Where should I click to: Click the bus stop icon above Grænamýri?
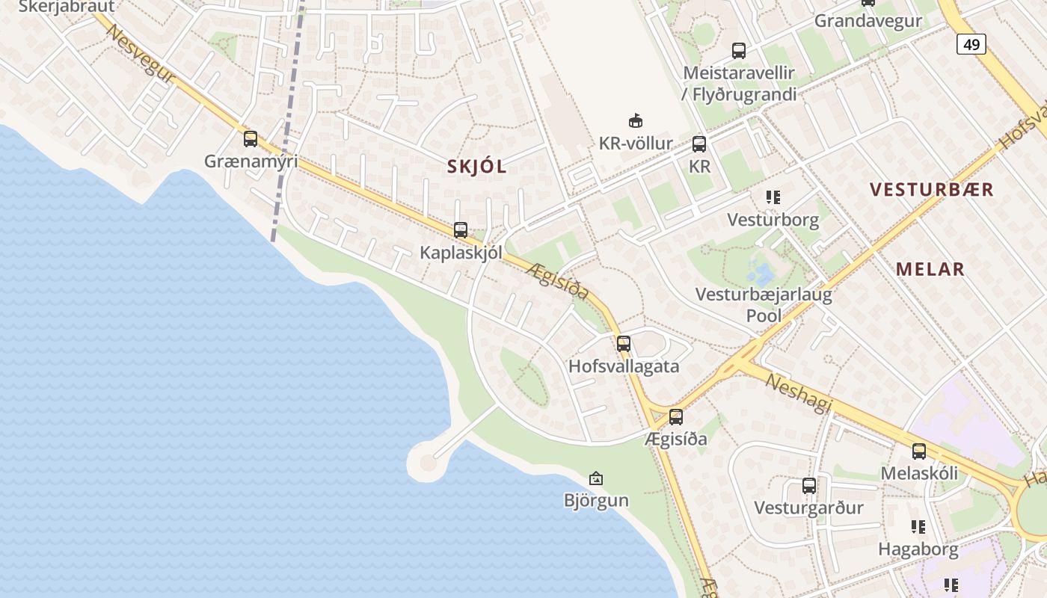pyautogui.click(x=251, y=139)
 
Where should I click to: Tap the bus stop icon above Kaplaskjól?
pyautogui.click(x=461, y=230)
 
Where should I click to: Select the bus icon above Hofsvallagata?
pyautogui.click(x=624, y=344)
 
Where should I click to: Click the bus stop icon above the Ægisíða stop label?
pyautogui.click(x=676, y=417)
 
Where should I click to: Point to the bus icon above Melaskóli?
pyautogui.click(x=919, y=451)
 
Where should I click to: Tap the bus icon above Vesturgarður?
pyautogui.click(x=809, y=486)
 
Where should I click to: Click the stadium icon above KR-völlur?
pyautogui.click(x=636, y=120)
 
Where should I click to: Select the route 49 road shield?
pyautogui.click(x=971, y=45)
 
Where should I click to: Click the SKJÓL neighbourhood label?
pyautogui.click(x=477, y=167)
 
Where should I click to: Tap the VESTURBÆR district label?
pyautogui.click(x=932, y=190)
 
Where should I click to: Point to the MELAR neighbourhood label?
pyautogui.click(x=930, y=269)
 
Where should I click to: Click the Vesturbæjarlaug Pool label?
pyautogui.click(x=764, y=304)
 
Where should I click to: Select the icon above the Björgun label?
pyautogui.click(x=596, y=478)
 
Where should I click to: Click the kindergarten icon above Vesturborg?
pyautogui.click(x=773, y=197)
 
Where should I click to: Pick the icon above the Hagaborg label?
pyautogui.click(x=919, y=527)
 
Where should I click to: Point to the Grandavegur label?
pyautogui.click(x=868, y=21)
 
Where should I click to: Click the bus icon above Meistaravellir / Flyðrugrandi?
pyautogui.click(x=739, y=51)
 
